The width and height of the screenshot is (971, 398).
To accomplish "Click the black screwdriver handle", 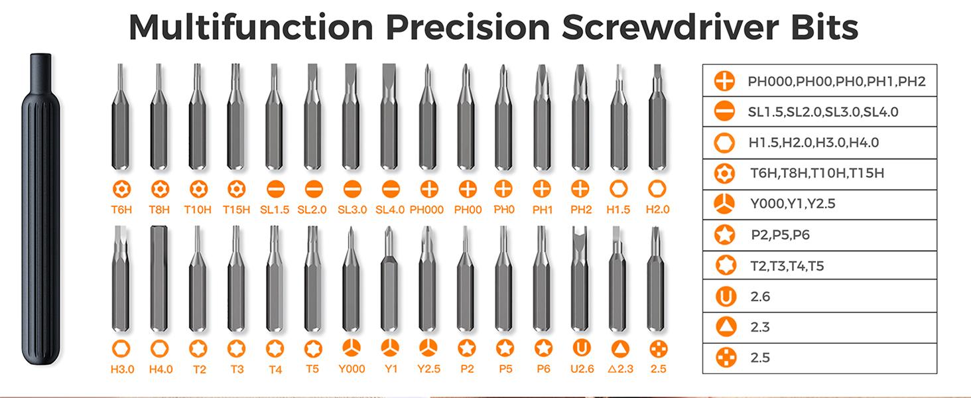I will (x=41, y=212).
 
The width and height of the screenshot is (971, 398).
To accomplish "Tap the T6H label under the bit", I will (x=121, y=210).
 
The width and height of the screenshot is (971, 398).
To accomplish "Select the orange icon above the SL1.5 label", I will (x=275, y=190).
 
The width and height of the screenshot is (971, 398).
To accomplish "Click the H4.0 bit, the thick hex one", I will (x=159, y=279).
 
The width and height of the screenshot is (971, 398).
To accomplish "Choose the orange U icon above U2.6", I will (x=581, y=348).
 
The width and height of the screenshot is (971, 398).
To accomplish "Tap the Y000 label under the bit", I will (x=352, y=369).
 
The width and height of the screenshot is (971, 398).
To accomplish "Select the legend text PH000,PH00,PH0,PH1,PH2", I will (x=836, y=82).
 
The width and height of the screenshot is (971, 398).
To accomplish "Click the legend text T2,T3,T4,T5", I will (x=787, y=266).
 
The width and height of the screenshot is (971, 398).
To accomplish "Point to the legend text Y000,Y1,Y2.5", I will (x=793, y=204).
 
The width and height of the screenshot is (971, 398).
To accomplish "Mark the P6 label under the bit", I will (x=543, y=369).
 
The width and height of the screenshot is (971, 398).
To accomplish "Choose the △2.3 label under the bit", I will (x=619, y=369).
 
